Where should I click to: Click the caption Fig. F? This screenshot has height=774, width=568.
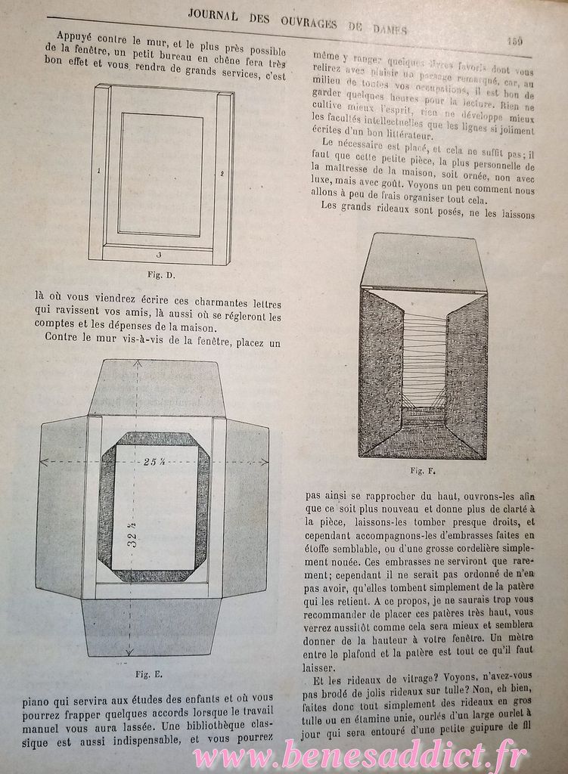(x=422, y=471)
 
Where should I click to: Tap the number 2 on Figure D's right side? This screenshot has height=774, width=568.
(x=222, y=174)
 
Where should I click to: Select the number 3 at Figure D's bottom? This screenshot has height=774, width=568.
(x=159, y=255)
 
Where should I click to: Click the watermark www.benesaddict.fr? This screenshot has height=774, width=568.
(x=359, y=754)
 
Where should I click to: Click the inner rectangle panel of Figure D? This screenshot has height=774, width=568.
(x=160, y=174)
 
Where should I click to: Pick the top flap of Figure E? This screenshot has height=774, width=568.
(x=155, y=387)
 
